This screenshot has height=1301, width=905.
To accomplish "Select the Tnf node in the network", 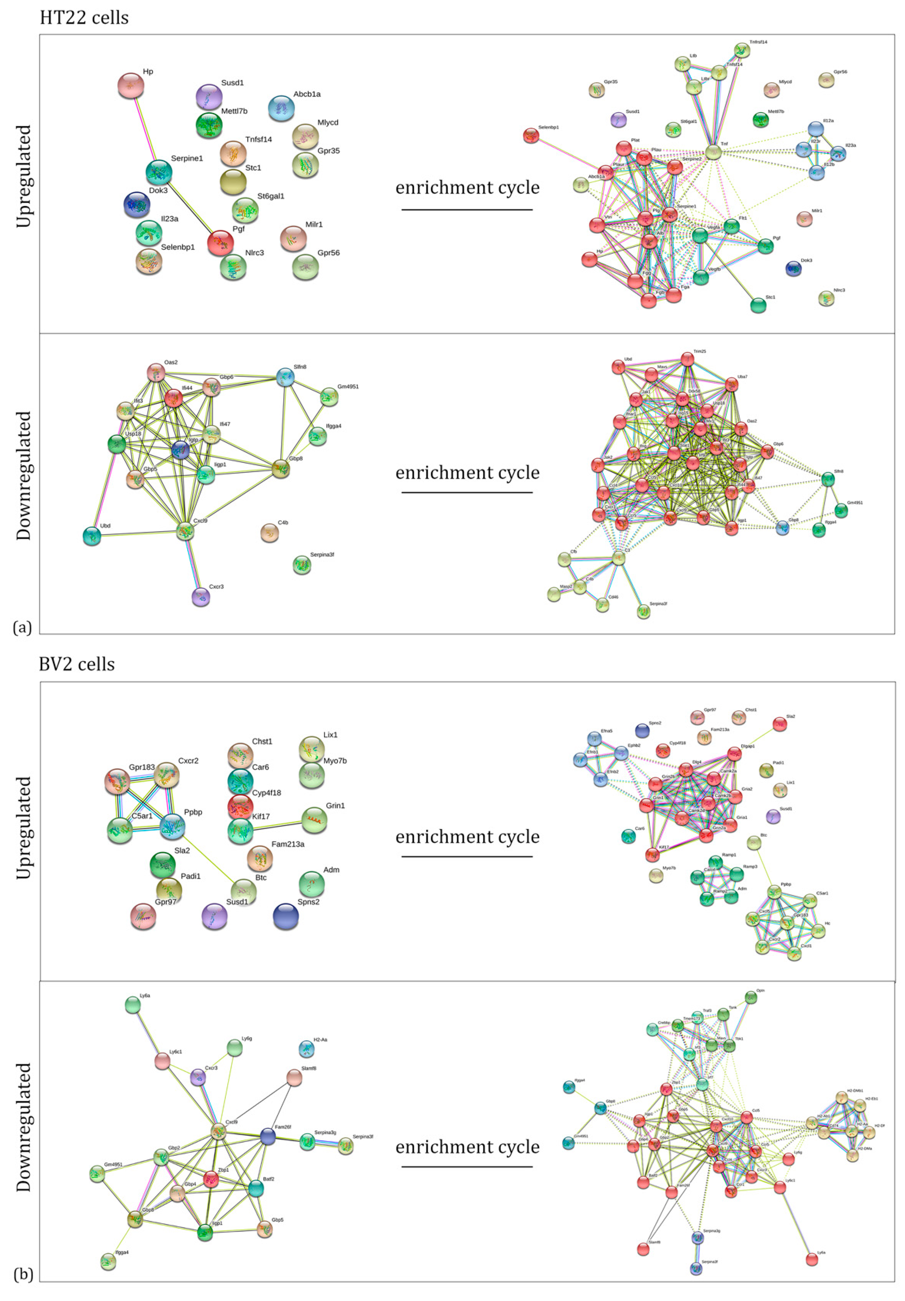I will [713, 152].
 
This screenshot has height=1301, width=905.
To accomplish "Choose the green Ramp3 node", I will [736, 874].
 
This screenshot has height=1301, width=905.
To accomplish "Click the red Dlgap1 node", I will [734, 754].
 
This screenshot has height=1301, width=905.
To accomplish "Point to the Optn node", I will [750, 997].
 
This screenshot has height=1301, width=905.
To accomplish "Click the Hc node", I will [818, 930].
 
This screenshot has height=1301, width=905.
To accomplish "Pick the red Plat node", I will [624, 148].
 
